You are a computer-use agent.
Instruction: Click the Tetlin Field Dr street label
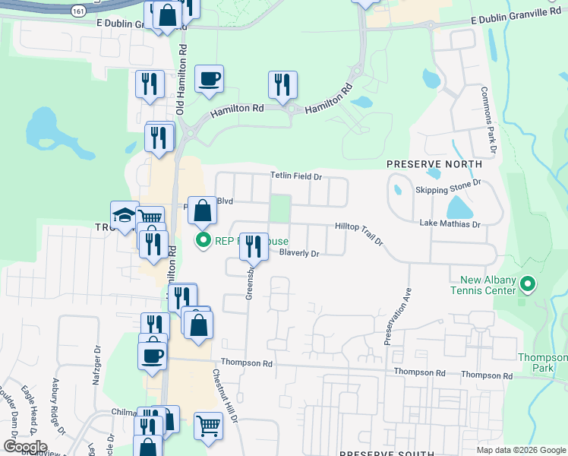click(297, 176)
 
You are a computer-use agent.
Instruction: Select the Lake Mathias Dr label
click(450, 224)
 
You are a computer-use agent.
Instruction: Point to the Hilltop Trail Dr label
click(360, 232)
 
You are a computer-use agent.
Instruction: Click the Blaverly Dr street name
click(299, 253)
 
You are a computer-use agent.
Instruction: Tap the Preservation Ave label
click(397, 315)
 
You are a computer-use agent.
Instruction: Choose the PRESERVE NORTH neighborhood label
click(434, 164)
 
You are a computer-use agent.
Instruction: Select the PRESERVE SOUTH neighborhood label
click(380, 452)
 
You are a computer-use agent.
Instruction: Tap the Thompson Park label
click(542, 363)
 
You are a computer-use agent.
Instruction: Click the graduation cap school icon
click(124, 217)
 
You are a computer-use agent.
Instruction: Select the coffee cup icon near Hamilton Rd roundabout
click(209, 79)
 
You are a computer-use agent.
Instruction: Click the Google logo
click(24, 446)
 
